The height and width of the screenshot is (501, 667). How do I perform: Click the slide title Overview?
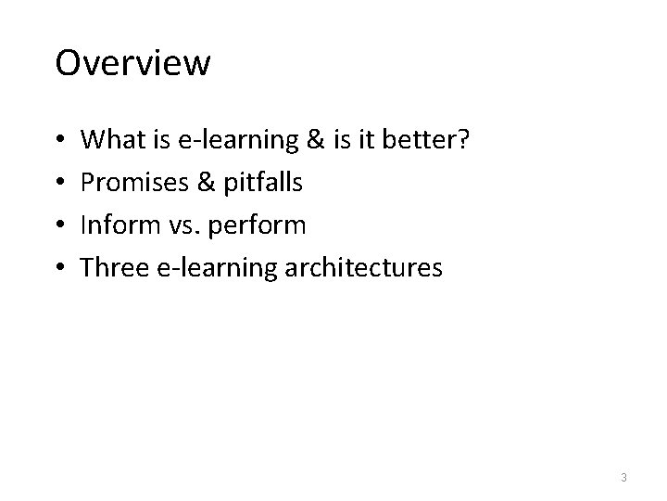click(x=132, y=64)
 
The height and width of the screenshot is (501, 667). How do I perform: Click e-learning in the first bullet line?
click(x=237, y=141)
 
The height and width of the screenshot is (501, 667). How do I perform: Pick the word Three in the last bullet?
click(x=112, y=269)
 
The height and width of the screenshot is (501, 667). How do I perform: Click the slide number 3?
click(x=624, y=478)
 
